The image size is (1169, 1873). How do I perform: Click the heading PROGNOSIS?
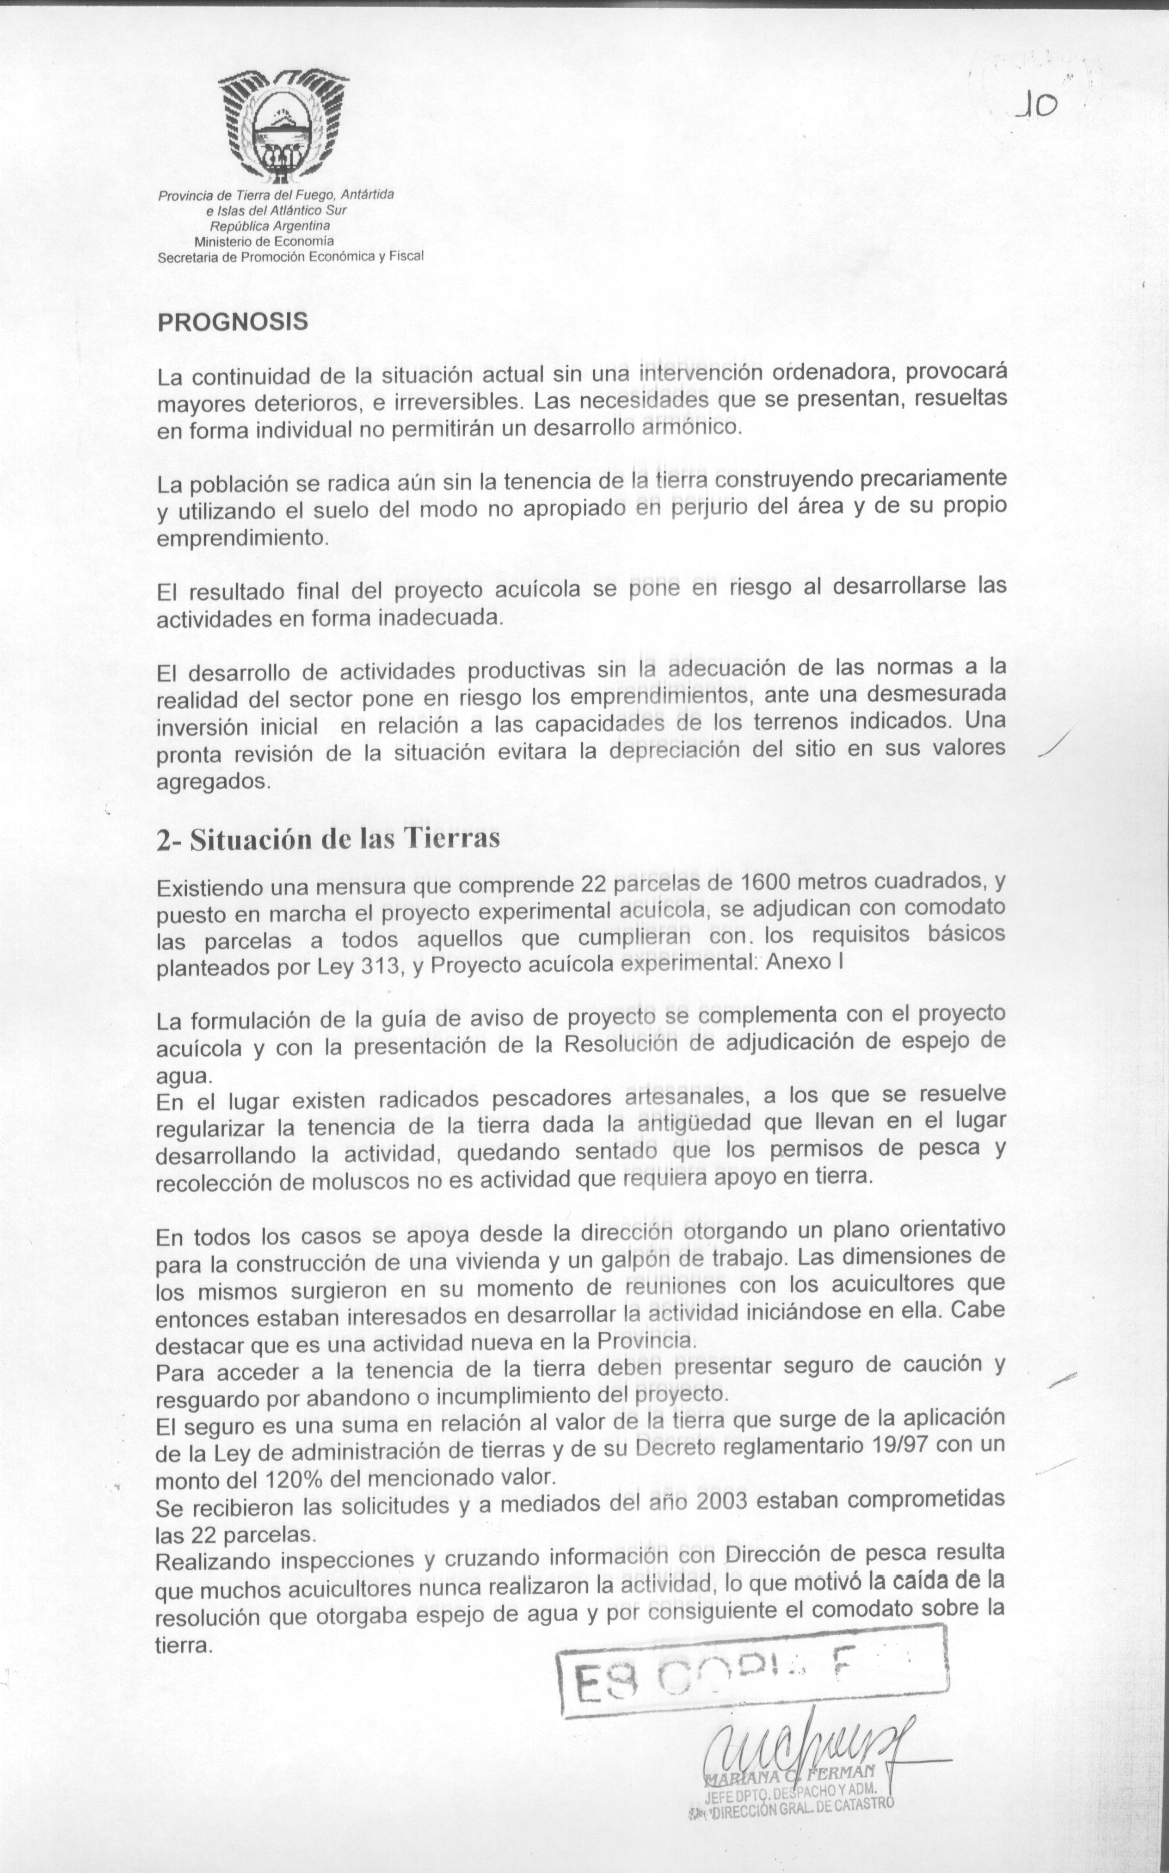click(x=233, y=321)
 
